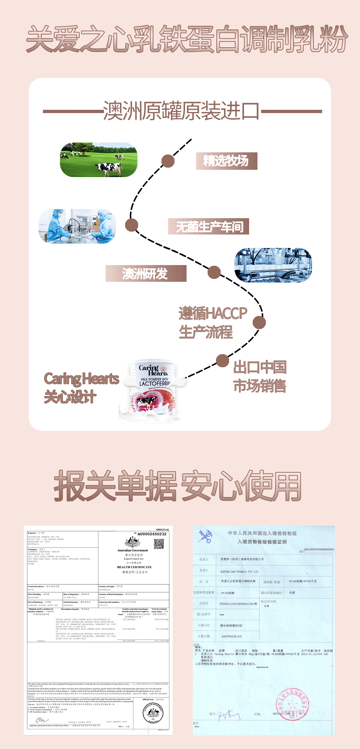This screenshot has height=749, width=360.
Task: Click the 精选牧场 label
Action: pos(226,161)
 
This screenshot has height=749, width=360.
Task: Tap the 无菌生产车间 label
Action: pos(209,227)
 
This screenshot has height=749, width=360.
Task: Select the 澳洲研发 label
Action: pos(145,273)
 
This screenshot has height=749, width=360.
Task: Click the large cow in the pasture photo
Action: pos(109,168)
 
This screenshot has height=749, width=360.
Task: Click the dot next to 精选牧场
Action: pos(168,161)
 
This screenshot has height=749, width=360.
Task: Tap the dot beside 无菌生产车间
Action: pos(132,225)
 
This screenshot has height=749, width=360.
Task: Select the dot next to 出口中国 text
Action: pos(222,361)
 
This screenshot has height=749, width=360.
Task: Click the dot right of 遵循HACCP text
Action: pos(259,323)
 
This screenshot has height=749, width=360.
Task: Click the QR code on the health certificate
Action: pos(159,544)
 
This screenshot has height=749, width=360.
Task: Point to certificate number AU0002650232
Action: pos(152,534)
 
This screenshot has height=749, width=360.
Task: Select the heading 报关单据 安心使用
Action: pos(178,486)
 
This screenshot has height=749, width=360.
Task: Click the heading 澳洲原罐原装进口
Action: pos(181,111)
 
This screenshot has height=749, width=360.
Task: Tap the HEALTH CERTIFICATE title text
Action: pos(134,567)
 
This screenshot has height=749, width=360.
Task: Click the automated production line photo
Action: pos(273,265)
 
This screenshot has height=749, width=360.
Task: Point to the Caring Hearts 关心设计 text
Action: pos(81,388)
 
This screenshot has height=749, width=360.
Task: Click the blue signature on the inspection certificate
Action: pos(229,715)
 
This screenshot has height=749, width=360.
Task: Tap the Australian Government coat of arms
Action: pos(132,542)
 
